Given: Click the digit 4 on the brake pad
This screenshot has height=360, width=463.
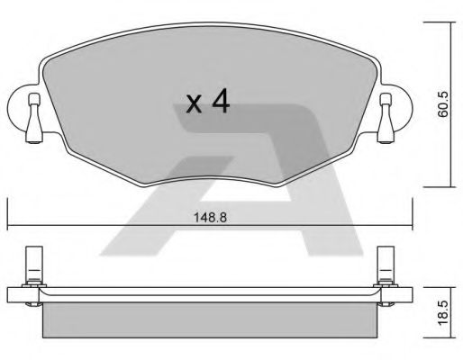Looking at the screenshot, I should [220, 102].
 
